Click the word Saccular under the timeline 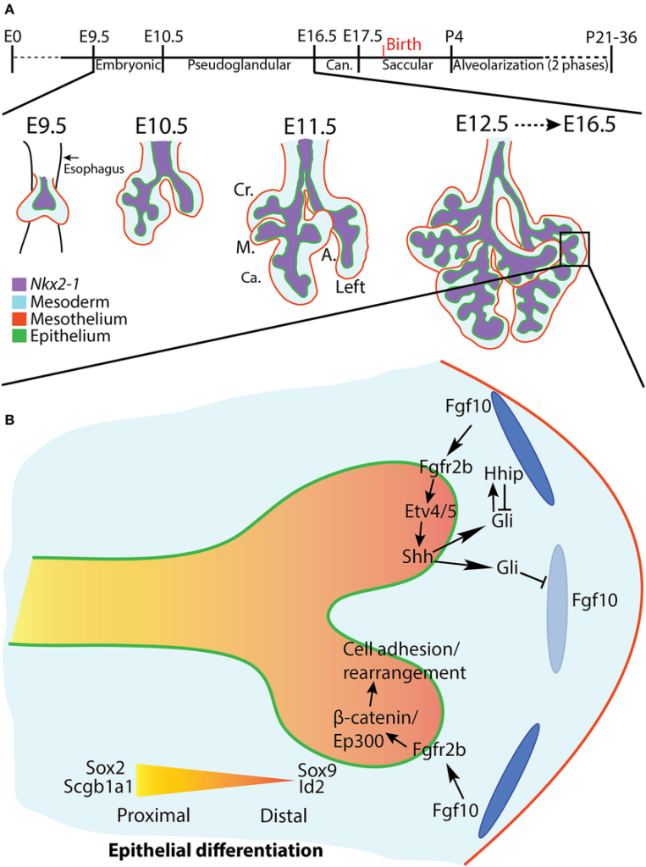(x=407, y=64)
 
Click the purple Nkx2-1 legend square (x=19, y=284)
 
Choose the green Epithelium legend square (x=19, y=336)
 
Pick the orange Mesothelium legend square (x=19, y=319)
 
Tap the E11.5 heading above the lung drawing (x=312, y=127)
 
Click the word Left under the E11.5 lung (x=350, y=286)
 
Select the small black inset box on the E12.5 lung (x=575, y=250)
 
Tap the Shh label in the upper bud (x=417, y=557)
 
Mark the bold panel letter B (x=8, y=419)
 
